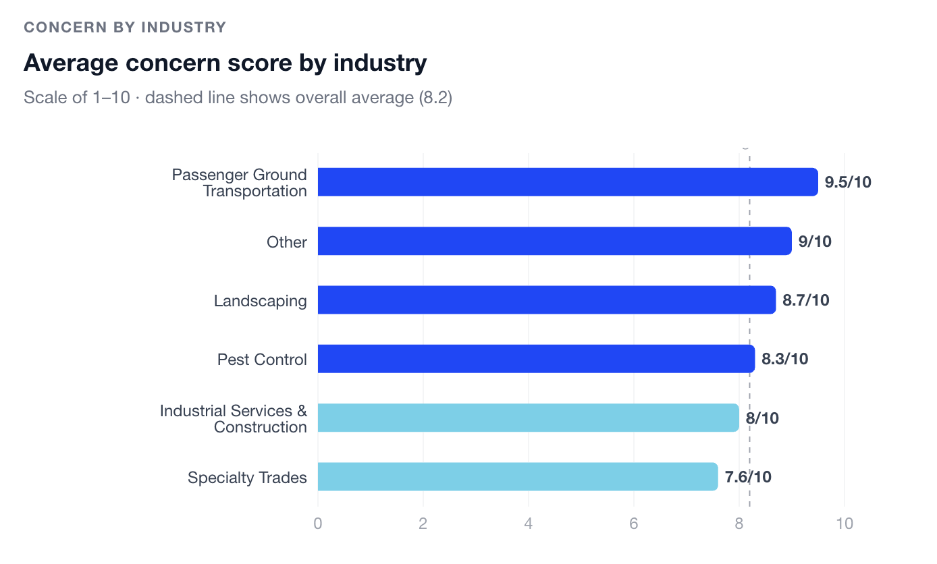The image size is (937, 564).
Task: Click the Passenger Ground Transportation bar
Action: (x=567, y=182)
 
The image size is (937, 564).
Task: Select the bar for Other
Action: (x=554, y=241)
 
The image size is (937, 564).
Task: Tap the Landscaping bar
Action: (x=546, y=300)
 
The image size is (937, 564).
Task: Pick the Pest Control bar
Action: (x=535, y=359)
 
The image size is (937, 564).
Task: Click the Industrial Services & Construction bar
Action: (x=528, y=418)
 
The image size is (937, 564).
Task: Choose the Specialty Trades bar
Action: (x=517, y=476)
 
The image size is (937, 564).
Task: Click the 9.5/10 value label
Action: (x=848, y=182)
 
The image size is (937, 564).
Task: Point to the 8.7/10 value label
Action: (x=805, y=300)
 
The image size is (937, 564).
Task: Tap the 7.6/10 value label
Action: (x=748, y=477)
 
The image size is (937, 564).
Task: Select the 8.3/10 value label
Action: (x=784, y=359)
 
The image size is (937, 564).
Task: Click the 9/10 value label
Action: (x=815, y=242)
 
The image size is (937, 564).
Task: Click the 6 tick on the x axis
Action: (x=634, y=524)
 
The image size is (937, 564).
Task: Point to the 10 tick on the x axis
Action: (x=845, y=524)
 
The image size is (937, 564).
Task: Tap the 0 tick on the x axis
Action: (x=317, y=524)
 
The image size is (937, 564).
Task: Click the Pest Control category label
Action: (x=262, y=360)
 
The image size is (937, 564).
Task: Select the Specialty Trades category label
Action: (x=247, y=478)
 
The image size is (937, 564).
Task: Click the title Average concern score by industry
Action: (x=225, y=63)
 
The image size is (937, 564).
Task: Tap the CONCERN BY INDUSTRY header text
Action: (x=125, y=28)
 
